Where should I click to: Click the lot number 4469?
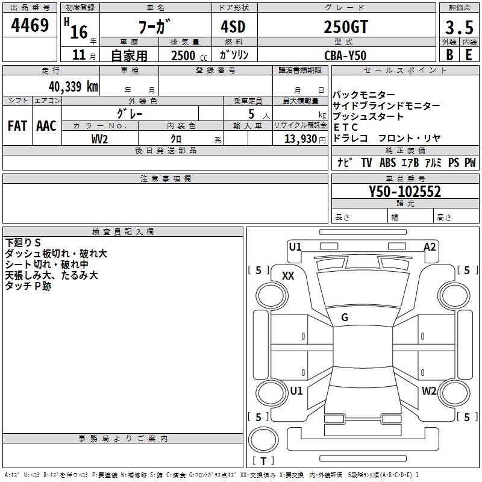pyautogui.click(x=30, y=27)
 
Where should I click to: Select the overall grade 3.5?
pyautogui.click(x=459, y=28)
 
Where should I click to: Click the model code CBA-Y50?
pyautogui.click(x=345, y=55)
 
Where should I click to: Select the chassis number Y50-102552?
pyautogui.click(x=405, y=192)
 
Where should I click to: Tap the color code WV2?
pyautogui.click(x=99, y=139)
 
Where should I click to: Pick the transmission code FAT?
pyautogui.click(x=17, y=126)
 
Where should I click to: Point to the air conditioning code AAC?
pyautogui.click(x=46, y=126)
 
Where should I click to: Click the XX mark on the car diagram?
pyautogui.click(x=288, y=275)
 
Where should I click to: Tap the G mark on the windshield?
pyautogui.click(x=345, y=318)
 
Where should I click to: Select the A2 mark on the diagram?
pyautogui.click(x=429, y=246)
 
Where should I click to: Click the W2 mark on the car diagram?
pyautogui.click(x=428, y=391)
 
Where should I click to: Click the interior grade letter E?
pyautogui.click(x=469, y=55)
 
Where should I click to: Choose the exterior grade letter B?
pyautogui.click(x=449, y=55)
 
